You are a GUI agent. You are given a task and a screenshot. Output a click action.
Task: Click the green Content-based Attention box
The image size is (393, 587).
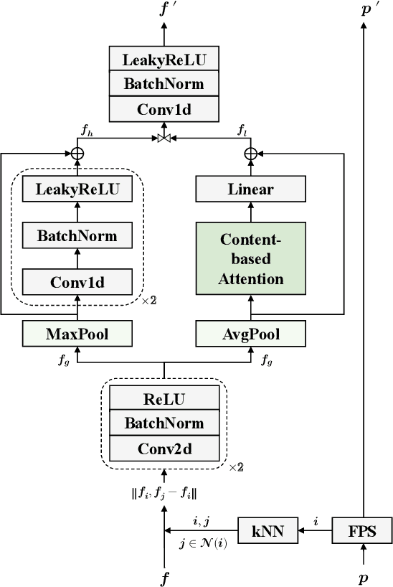coord(251,258)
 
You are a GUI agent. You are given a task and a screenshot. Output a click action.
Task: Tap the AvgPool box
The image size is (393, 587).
coord(251,333)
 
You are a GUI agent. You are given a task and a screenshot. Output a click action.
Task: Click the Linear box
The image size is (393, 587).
coord(251,189)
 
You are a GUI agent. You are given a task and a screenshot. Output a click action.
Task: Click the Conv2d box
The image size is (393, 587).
coord(164,450)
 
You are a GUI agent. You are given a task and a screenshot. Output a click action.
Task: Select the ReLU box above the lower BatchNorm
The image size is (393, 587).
coord(164,399)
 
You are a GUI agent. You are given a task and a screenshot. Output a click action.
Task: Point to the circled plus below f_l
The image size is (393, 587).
coord(251,153)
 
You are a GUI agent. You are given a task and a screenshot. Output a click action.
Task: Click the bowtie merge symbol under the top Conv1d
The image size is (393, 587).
coord(164,136)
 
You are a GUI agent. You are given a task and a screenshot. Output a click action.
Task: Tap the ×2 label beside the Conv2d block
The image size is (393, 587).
coord(236,467)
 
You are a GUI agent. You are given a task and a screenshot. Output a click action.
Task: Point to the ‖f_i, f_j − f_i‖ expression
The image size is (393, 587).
coord(164,494)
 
